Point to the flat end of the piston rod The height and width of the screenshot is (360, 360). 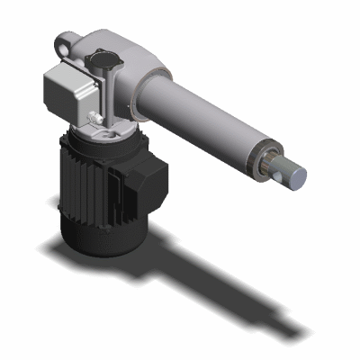coord(296,176)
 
